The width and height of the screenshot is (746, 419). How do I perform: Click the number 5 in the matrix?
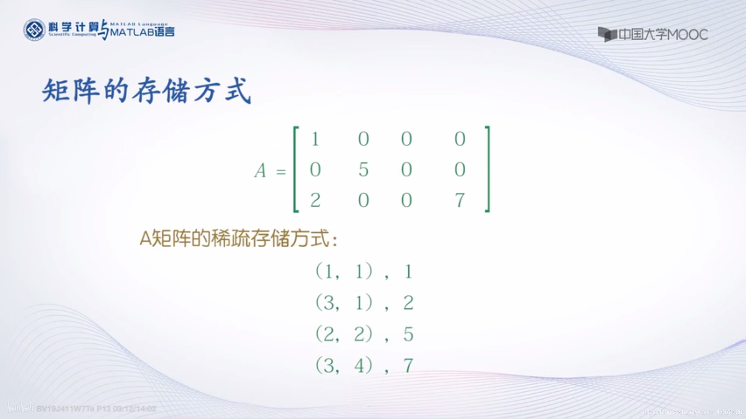[363, 169]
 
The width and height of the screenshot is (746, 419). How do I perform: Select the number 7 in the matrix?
[460, 200]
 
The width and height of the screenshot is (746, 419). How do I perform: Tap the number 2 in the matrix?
[315, 200]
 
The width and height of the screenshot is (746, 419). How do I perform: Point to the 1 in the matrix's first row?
[315, 139]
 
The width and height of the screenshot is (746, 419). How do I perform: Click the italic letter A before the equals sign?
[260, 171]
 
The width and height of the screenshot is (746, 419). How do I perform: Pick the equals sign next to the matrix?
[281, 171]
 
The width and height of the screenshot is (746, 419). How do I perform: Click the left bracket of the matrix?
[296, 169]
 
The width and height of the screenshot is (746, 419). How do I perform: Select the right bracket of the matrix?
[487, 169]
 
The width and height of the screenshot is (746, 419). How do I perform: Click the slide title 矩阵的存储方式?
[146, 91]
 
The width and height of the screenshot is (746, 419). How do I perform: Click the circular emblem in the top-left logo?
[34, 30]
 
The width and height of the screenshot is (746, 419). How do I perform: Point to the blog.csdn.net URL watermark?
[692, 412]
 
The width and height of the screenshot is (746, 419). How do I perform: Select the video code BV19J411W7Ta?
[65, 409]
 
